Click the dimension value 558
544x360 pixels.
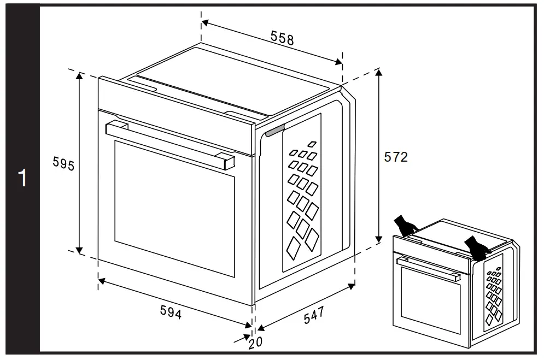point(282,38)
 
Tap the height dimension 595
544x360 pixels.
point(63,164)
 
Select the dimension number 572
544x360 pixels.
point(396,157)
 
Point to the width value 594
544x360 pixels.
point(171,311)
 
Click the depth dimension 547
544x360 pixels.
point(314,315)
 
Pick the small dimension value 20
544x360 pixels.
point(255,342)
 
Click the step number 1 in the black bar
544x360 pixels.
point(22,179)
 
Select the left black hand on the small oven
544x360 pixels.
point(405,225)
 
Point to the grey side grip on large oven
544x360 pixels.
point(276,130)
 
